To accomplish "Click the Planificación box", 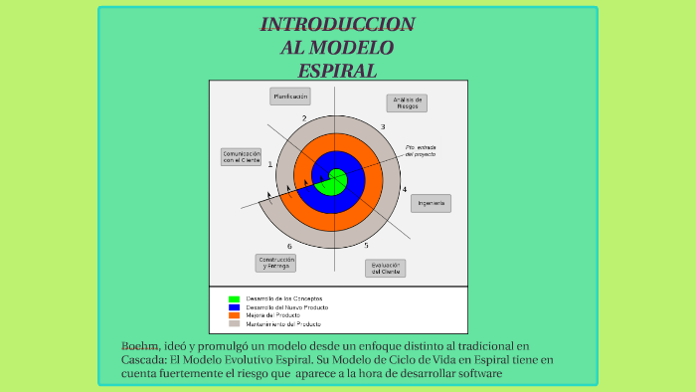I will pos(290,97).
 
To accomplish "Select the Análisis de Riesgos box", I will pos(407,103).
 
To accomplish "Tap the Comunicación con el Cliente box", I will pos(242,157).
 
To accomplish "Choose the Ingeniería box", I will pos(431,203).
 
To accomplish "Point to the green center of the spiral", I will pos(335,181).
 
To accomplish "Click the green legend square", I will pos(234,298).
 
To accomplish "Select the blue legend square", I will pos(234,307).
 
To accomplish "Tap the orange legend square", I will pos(234,315).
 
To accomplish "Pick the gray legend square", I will pos(234,323).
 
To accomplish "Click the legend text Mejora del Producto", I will pos(272,315).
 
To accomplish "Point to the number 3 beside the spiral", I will pos(383,127).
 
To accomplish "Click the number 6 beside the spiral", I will pos(289,246).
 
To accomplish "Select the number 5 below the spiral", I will pos(366,245).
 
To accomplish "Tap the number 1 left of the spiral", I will pos(269,164).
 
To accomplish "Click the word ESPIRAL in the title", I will pos(338,71).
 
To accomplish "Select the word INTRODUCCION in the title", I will pos(338,24).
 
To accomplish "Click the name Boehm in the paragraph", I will pos(140,345).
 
